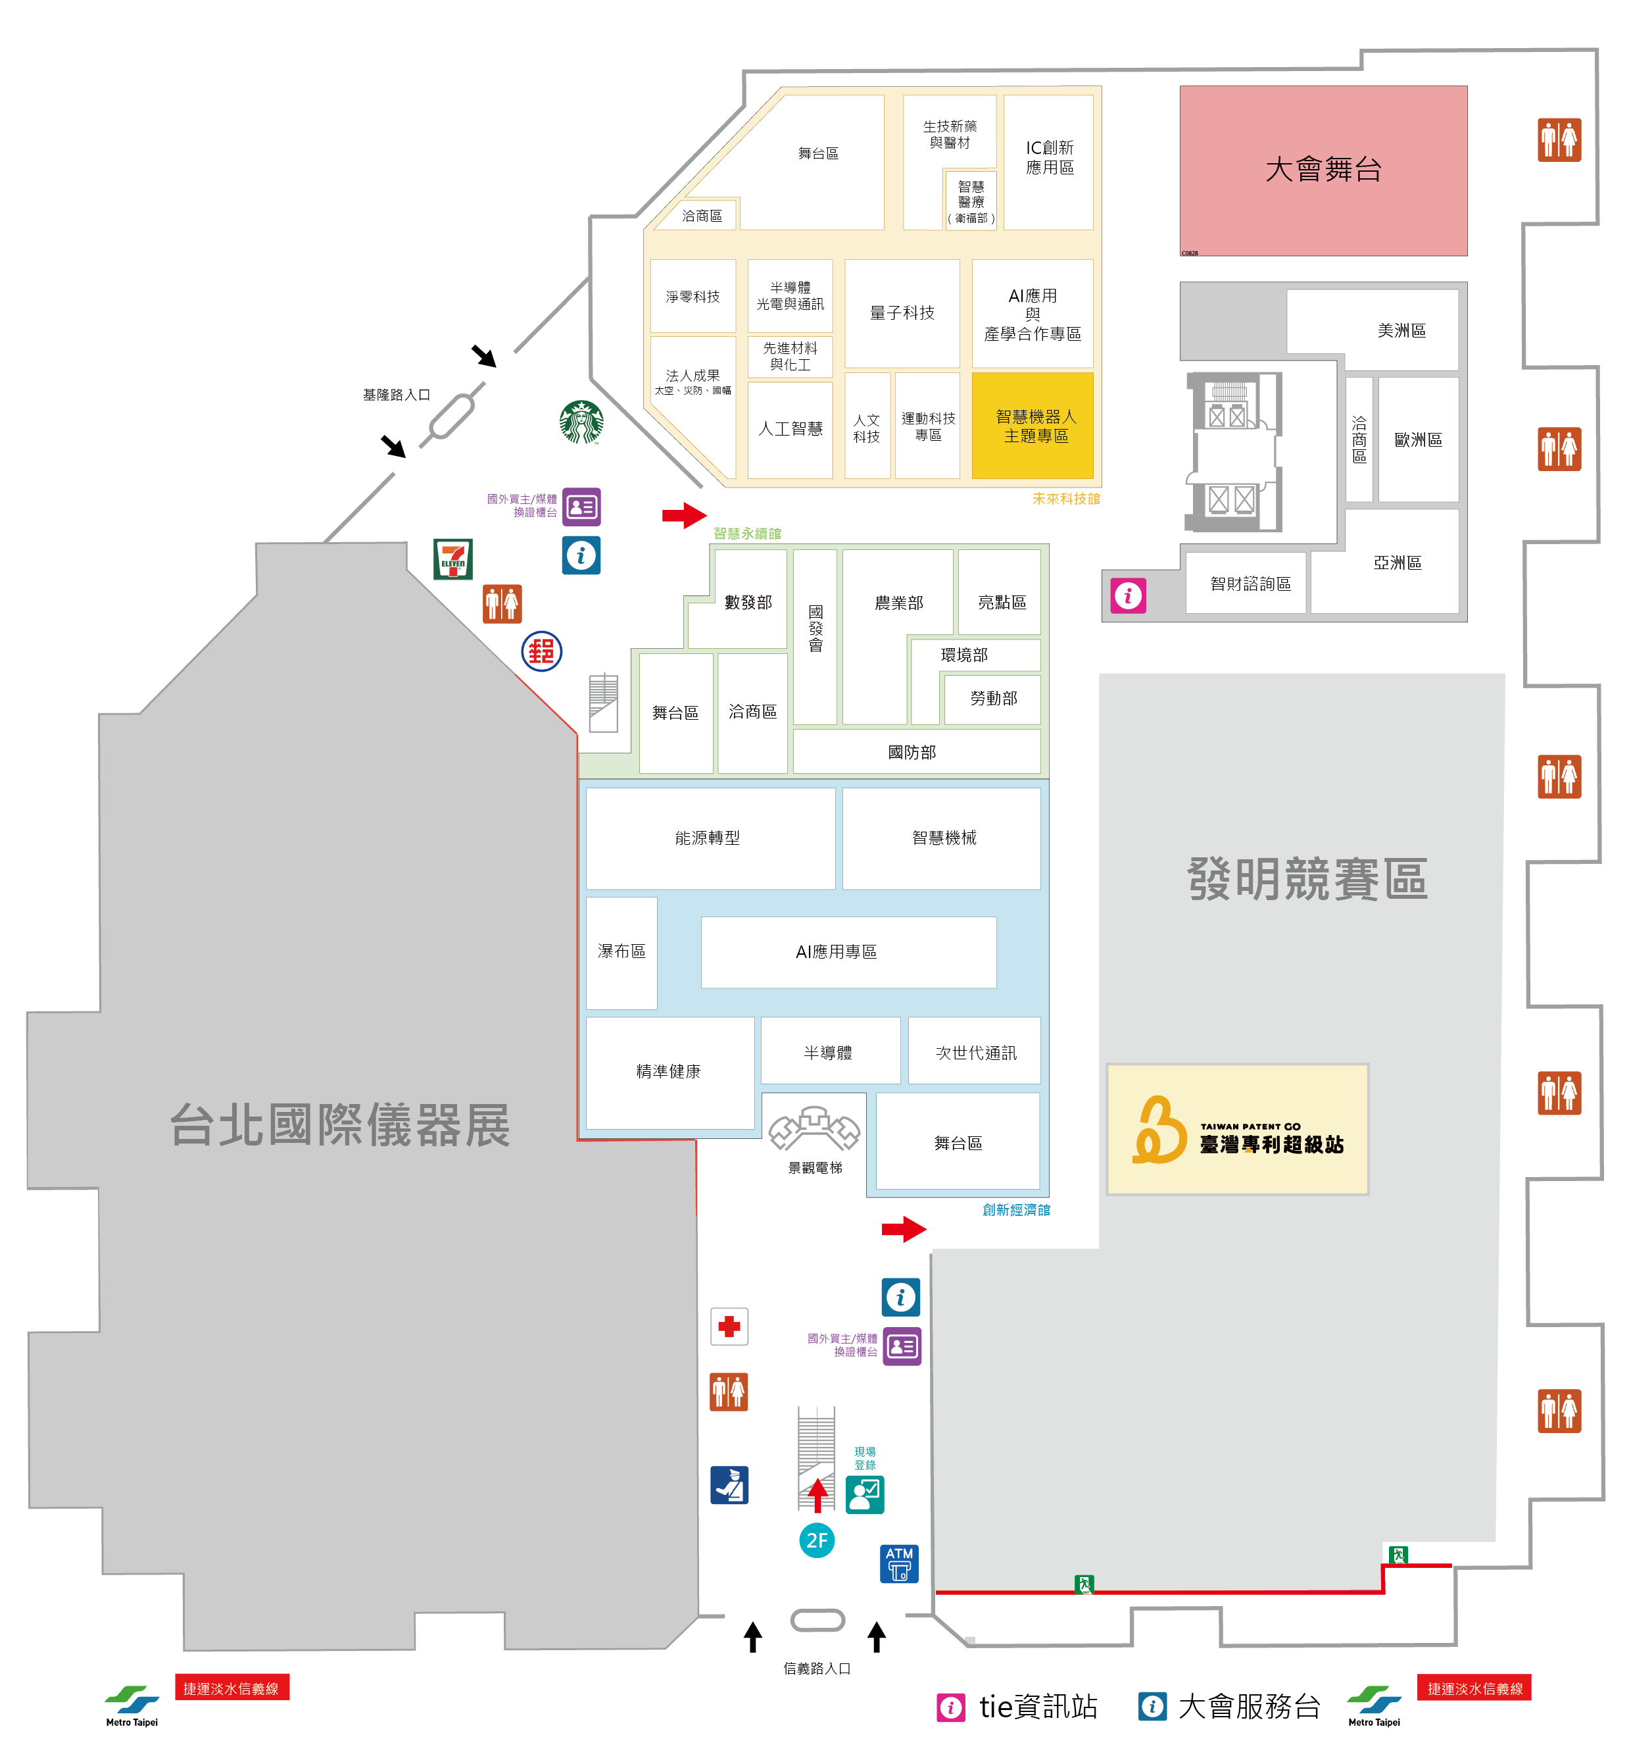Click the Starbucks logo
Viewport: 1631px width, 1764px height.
coord(581,422)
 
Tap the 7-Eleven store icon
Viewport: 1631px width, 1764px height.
coord(452,559)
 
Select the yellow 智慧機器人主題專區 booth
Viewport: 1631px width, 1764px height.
coord(1032,426)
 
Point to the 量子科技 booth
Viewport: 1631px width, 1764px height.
coord(901,313)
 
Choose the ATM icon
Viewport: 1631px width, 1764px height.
coord(898,1563)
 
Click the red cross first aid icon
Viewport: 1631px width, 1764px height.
coord(729,1326)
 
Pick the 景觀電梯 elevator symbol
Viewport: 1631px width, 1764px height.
coord(814,1129)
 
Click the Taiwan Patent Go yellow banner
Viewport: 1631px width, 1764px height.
coord(1236,1129)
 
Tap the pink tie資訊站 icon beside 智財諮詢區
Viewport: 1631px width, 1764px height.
coord(1127,596)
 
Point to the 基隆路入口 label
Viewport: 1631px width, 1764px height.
coord(397,395)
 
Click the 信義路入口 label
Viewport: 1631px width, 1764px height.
coord(816,1668)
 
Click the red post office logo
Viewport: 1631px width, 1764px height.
coord(541,651)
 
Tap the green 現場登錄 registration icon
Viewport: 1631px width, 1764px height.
coord(864,1494)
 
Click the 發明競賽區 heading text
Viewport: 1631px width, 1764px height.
coord(1306,879)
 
